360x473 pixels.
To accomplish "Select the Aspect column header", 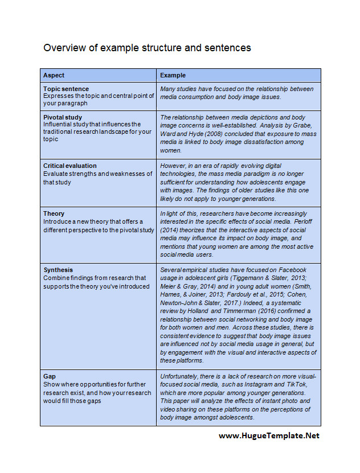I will point(54,75).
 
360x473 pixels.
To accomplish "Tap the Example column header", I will point(173,75).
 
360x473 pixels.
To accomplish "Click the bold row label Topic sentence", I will point(66,89).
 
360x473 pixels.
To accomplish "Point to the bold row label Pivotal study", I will point(63,117).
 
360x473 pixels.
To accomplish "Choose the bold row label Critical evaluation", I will point(69,166).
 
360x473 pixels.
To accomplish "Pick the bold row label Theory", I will point(54,213).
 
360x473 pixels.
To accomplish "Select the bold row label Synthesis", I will point(58,270).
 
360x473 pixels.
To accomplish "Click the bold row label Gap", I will point(50,377).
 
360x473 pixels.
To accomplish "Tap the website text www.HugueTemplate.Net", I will point(269,435).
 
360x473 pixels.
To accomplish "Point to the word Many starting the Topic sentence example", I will point(169,89).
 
